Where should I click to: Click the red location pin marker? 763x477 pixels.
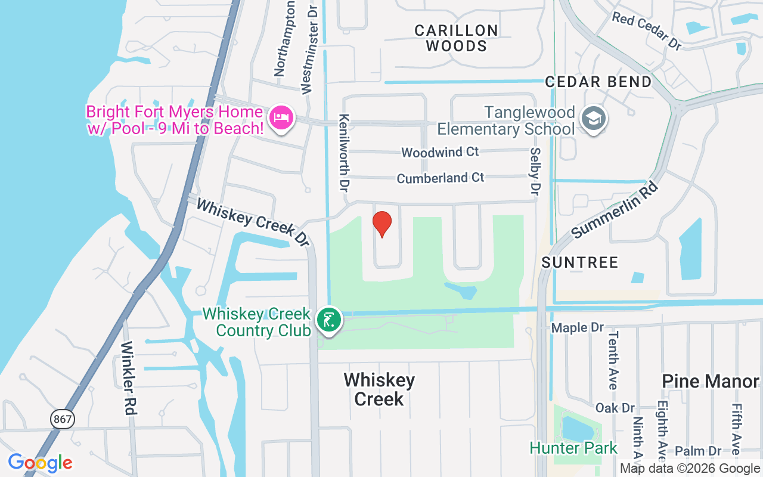pyautogui.click(x=381, y=224)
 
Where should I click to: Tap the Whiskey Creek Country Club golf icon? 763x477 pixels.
pyautogui.click(x=328, y=320)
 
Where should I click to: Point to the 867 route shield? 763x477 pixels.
pyautogui.click(x=62, y=419)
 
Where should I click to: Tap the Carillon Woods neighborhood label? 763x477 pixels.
pyautogui.click(x=457, y=38)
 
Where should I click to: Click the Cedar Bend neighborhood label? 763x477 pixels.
pyautogui.click(x=598, y=82)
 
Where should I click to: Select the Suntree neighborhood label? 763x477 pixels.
pyautogui.click(x=580, y=262)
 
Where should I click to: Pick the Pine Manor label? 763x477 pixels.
pyautogui.click(x=711, y=381)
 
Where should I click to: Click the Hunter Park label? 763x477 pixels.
pyautogui.click(x=573, y=448)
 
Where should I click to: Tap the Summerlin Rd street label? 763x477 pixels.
pyautogui.click(x=615, y=209)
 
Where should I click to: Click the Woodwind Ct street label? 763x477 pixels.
pyautogui.click(x=440, y=152)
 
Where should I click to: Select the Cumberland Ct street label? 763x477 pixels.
pyautogui.click(x=441, y=178)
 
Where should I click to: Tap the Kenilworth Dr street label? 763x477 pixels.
pyautogui.click(x=344, y=153)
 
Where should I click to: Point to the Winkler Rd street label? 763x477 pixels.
pyautogui.click(x=129, y=378)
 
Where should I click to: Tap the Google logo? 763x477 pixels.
pyautogui.click(x=40, y=463)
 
